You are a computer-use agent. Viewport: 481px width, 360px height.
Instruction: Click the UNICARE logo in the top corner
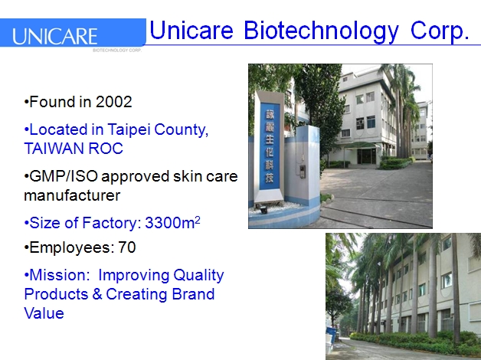[55, 36]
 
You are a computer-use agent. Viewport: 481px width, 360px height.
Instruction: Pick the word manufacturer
[72, 195]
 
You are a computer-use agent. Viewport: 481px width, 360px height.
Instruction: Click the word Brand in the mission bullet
[194, 294]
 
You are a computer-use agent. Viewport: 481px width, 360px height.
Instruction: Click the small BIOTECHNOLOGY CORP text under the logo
[116, 49]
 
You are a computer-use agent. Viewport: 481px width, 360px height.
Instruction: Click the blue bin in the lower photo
[331, 335]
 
